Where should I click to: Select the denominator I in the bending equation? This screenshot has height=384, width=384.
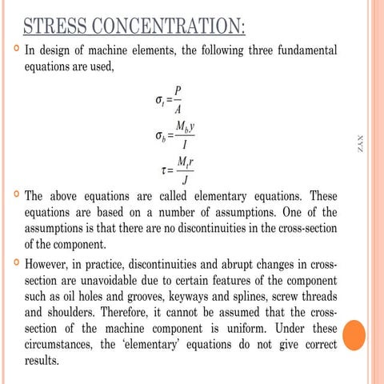coord(185,145)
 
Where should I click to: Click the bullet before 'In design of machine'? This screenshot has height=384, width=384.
coord(15,51)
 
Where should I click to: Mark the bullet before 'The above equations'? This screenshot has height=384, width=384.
coord(15,196)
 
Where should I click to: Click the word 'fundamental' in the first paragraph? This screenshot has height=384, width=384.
coord(302,52)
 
